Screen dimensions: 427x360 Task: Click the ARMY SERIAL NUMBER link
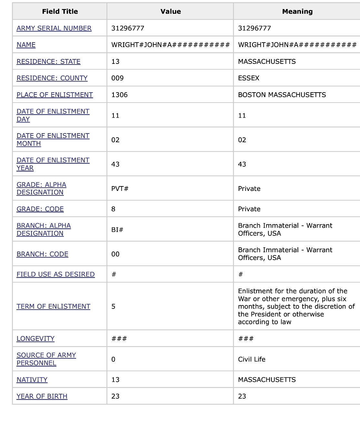click(x=54, y=28)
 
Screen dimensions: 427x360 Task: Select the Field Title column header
click(x=60, y=12)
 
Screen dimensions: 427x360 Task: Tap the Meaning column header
click(x=297, y=12)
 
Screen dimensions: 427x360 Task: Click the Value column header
click(x=170, y=12)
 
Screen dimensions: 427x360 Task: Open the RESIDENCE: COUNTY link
click(x=52, y=78)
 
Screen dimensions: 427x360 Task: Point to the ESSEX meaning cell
click(x=248, y=78)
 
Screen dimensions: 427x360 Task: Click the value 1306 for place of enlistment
click(x=119, y=95)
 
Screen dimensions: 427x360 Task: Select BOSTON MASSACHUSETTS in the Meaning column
click(x=282, y=95)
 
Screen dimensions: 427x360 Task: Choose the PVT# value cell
click(x=120, y=189)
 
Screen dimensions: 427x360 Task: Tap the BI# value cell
click(x=117, y=230)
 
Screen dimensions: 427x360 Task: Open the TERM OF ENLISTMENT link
click(x=53, y=306)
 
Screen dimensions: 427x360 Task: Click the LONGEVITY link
click(x=35, y=339)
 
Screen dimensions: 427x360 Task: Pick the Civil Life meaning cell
click(x=251, y=359)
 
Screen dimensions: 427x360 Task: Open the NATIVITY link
click(x=32, y=380)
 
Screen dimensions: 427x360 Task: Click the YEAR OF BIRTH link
click(x=42, y=396)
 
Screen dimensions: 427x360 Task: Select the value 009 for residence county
click(x=117, y=78)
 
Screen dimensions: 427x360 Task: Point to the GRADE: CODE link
click(x=40, y=209)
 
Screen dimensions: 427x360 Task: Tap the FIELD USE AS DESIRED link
click(x=55, y=274)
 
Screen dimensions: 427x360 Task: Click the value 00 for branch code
click(x=115, y=254)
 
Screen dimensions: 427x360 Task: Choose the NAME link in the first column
click(x=26, y=45)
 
